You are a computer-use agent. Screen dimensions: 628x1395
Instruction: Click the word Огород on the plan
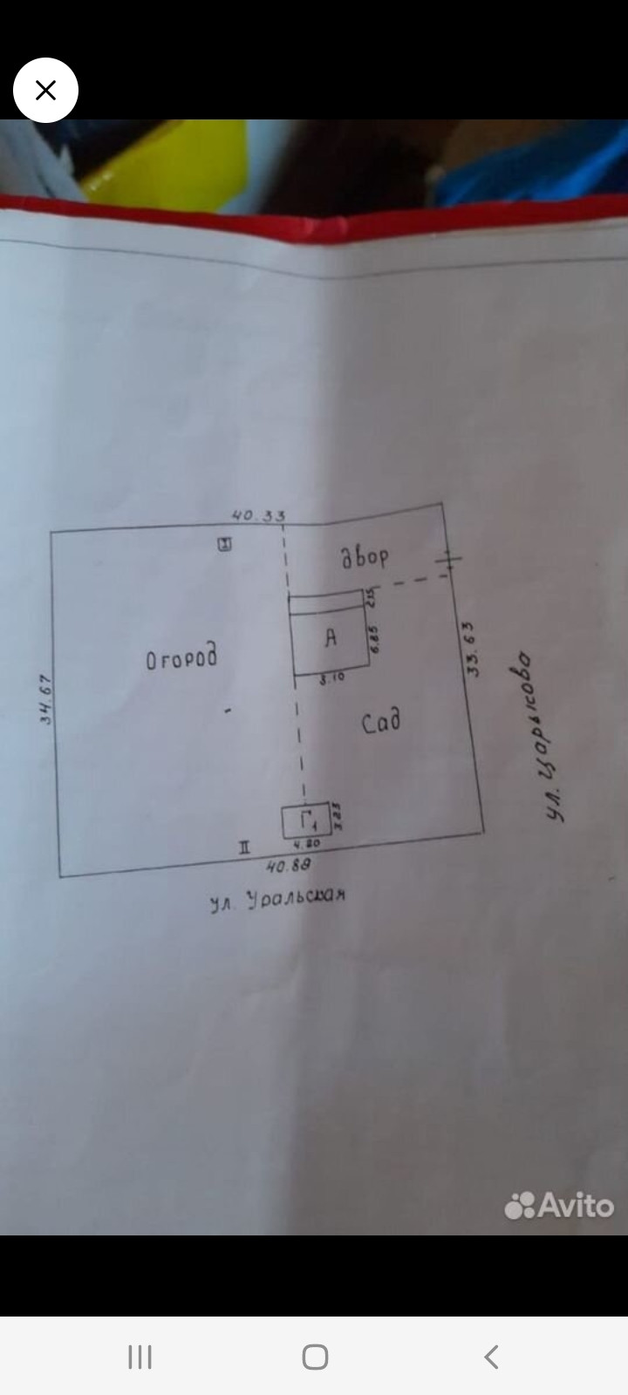click(181, 658)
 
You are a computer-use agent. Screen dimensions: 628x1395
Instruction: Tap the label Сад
click(381, 722)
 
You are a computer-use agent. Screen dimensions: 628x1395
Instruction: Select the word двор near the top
click(365, 556)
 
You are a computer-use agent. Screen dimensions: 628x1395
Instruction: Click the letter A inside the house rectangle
click(331, 638)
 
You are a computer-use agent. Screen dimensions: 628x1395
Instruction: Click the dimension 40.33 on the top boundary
click(258, 515)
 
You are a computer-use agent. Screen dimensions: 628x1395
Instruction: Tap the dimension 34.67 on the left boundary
click(47, 699)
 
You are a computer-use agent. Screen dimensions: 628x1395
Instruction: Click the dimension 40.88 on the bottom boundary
click(288, 865)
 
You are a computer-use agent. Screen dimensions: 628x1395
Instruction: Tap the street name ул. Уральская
click(278, 899)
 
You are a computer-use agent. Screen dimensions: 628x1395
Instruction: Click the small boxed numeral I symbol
click(225, 545)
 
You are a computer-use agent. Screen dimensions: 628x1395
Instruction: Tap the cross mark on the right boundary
click(448, 560)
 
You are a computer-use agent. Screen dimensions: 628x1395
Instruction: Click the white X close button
click(45, 90)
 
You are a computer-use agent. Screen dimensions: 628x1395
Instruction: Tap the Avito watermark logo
click(559, 1205)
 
